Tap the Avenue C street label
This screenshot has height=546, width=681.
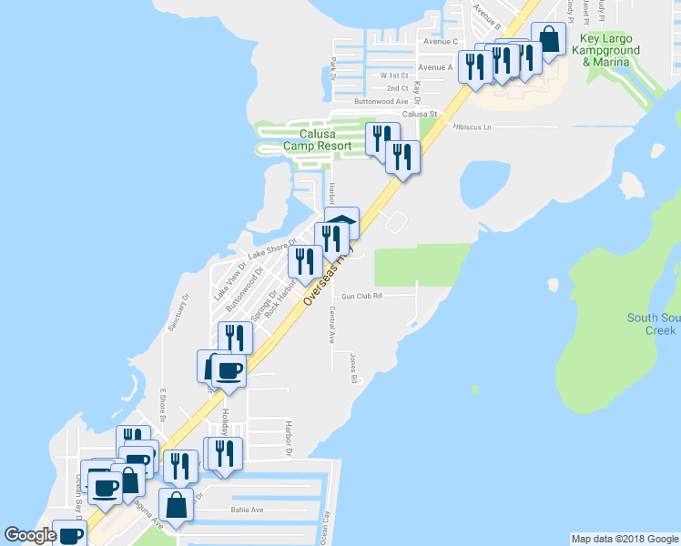[x=440, y=42]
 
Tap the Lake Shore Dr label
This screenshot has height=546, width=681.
[x=272, y=248]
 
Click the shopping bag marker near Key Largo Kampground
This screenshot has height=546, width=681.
[x=548, y=41]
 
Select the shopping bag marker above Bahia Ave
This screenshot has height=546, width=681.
[x=175, y=506]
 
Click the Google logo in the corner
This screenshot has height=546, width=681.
[x=29, y=536]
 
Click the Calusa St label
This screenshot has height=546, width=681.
[x=421, y=114]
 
